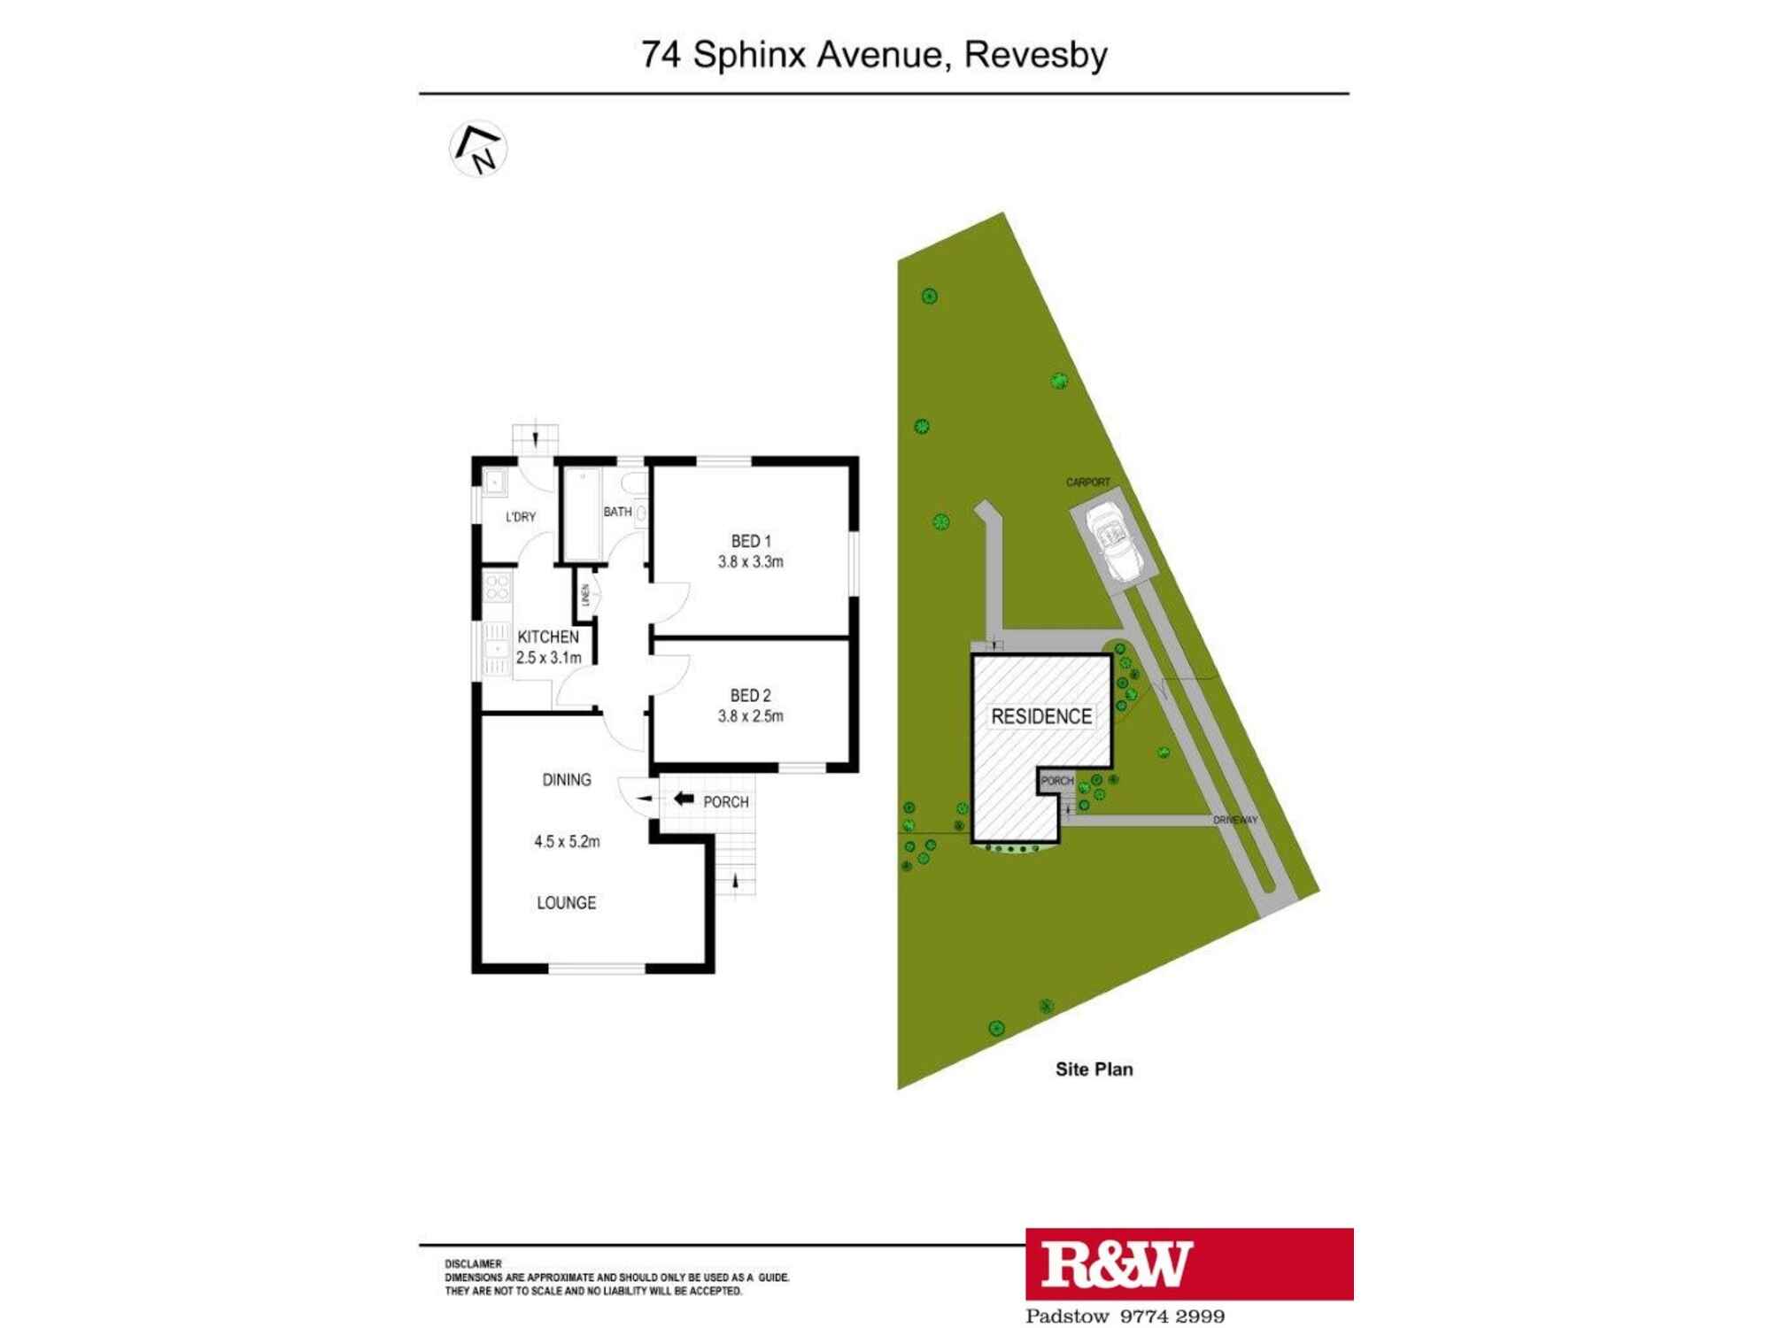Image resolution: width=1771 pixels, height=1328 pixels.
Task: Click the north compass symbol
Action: click(x=478, y=149)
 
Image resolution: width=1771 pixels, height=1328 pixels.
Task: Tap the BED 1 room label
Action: click(x=750, y=541)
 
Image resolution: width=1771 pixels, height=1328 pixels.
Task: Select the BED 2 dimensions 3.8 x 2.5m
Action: click(x=750, y=716)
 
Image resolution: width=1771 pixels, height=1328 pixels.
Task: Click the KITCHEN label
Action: click(x=547, y=637)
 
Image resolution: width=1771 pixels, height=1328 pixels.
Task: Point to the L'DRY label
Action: click(x=521, y=517)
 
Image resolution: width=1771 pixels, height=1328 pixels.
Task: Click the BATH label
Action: click(x=617, y=512)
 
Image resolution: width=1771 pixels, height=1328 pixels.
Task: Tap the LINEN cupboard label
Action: click(x=585, y=595)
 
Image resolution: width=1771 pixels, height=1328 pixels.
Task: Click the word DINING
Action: click(x=567, y=780)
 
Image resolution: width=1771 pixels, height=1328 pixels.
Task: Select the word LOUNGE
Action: click(x=567, y=903)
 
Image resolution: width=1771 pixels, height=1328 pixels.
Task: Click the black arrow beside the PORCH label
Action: click(x=684, y=799)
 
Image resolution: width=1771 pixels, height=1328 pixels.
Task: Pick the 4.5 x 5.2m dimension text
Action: click(x=567, y=842)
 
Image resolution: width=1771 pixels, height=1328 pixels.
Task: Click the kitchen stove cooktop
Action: click(x=497, y=588)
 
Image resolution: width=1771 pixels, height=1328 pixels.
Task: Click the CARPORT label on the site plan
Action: click(x=1087, y=483)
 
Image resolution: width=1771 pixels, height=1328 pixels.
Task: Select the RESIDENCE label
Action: click(x=1040, y=716)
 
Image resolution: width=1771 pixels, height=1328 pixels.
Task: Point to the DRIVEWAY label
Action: click(x=1234, y=821)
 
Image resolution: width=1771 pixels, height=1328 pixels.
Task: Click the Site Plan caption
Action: click(x=1094, y=1069)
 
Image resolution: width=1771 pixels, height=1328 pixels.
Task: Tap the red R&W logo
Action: click(x=1188, y=1263)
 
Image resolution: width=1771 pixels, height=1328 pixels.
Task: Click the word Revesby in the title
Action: click(x=1035, y=55)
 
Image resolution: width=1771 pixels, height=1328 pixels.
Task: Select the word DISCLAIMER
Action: click(x=473, y=1264)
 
